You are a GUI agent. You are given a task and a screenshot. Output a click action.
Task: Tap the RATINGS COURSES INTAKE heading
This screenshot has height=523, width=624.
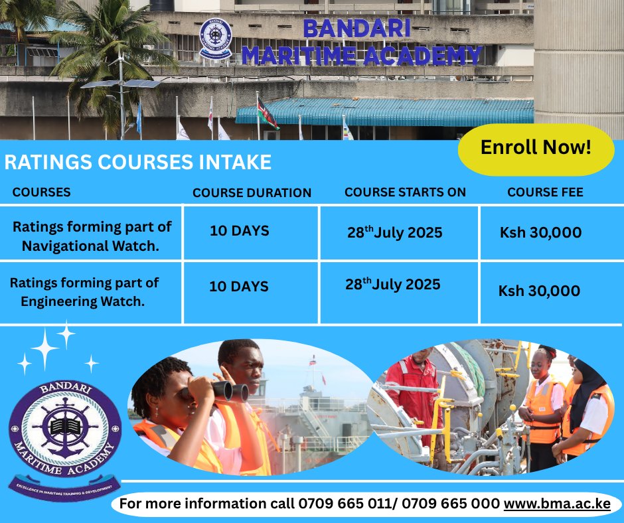(137, 163)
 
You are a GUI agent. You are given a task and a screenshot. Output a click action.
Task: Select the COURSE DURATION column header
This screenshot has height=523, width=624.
(252, 193)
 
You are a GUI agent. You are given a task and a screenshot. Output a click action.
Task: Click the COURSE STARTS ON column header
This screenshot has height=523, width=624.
(405, 192)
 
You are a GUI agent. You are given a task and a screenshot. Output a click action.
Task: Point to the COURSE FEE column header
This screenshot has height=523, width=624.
(545, 192)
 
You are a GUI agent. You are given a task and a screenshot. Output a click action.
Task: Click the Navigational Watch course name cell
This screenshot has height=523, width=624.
(92, 236)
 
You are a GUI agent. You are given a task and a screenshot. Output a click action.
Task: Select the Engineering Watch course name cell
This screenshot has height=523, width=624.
(84, 292)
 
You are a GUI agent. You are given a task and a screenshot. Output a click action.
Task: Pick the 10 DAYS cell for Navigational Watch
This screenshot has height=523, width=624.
(239, 232)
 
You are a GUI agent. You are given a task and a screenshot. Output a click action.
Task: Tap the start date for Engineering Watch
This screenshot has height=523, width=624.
(392, 285)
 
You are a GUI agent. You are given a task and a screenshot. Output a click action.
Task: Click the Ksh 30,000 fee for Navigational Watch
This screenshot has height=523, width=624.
(540, 233)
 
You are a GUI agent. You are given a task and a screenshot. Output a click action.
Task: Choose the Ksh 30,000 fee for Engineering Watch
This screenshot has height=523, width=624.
(539, 291)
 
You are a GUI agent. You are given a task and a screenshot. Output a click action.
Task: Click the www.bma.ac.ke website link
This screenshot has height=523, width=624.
(556, 504)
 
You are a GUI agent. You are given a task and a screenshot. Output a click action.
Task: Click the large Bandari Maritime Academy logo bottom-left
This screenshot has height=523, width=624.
(64, 431)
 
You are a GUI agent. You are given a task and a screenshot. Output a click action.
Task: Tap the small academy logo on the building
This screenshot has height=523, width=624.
(215, 39)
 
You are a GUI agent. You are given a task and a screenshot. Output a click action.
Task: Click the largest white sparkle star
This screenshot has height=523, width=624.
(45, 349)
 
